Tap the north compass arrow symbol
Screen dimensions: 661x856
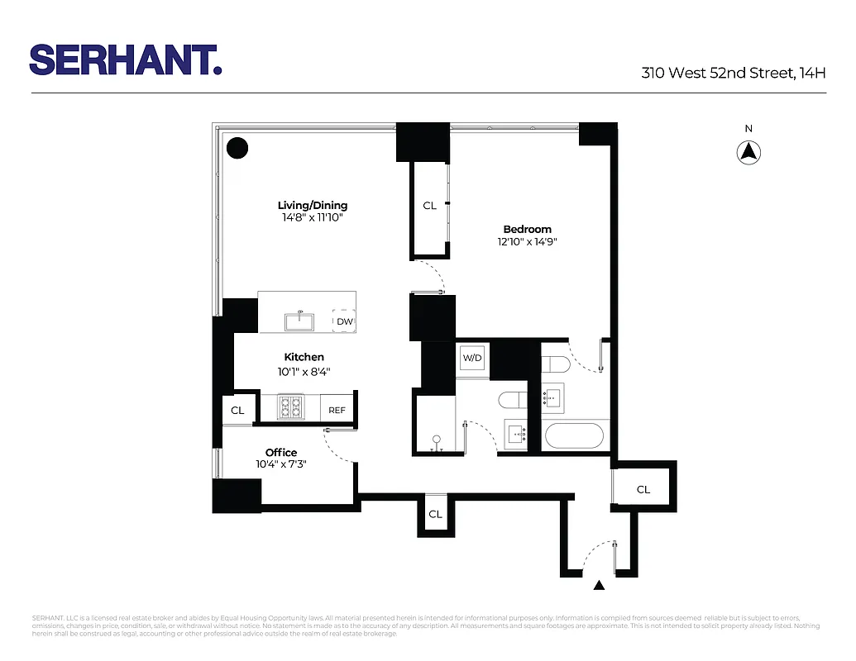pyautogui.click(x=748, y=152)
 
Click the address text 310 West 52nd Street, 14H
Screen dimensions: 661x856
pyautogui.click(x=734, y=73)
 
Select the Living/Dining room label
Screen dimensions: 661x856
pyautogui.click(x=312, y=205)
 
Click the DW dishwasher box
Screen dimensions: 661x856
pyautogui.click(x=344, y=321)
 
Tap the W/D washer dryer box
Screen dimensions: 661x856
pyautogui.click(x=472, y=358)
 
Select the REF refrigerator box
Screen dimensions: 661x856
pyautogui.click(x=337, y=410)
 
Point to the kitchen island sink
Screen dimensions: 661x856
pyautogui.click(x=299, y=320)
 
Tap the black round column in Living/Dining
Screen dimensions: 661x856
pyautogui.click(x=237, y=148)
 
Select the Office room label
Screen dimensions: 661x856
pyautogui.click(x=281, y=452)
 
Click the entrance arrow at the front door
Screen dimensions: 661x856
pyautogui.click(x=600, y=586)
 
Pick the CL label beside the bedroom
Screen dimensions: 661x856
pyautogui.click(x=429, y=206)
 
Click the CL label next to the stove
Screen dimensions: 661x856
pyautogui.click(x=237, y=410)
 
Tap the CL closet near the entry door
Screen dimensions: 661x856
pyautogui.click(x=643, y=489)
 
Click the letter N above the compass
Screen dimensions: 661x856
pyautogui.click(x=748, y=128)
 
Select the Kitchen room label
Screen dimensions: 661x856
pyautogui.click(x=305, y=357)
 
